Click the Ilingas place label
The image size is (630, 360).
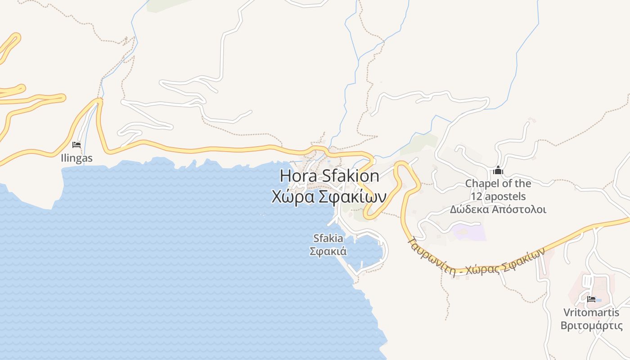point(76,158)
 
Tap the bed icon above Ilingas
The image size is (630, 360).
point(76,145)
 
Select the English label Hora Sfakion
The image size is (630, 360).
point(329,176)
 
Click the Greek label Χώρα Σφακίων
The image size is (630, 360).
point(329,197)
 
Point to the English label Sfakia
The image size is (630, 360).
point(328,238)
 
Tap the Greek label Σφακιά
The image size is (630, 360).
point(328,251)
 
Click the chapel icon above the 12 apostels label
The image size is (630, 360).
point(498,171)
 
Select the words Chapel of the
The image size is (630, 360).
point(498,184)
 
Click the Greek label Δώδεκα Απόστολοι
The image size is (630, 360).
point(498,209)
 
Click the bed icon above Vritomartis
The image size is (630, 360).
point(591,299)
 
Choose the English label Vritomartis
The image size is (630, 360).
point(591,313)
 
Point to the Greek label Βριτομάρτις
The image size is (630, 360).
point(591,325)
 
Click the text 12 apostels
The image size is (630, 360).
point(498,197)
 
